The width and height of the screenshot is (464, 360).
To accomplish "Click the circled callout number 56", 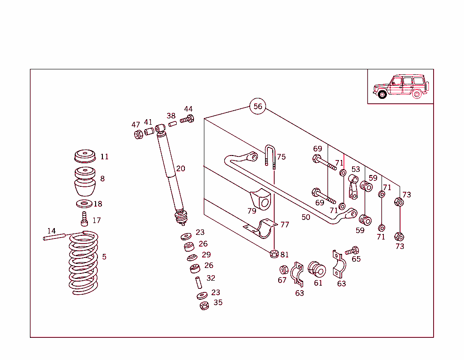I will [257, 107].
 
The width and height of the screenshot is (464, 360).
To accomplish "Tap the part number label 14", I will [51, 231].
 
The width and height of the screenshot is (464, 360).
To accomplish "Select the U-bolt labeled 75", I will [271, 156].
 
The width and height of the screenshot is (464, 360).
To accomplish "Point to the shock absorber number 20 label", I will [181, 169].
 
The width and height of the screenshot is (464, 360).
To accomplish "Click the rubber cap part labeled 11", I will [85, 157].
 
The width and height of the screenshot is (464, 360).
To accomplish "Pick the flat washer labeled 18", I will [84, 204].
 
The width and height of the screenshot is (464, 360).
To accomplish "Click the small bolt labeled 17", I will [84, 219].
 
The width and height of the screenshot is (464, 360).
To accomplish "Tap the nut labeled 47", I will [138, 134].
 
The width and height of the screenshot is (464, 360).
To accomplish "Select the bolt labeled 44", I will [187, 120].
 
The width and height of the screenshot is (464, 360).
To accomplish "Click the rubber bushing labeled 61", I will [317, 270].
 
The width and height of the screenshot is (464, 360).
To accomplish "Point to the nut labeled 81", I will [274, 253].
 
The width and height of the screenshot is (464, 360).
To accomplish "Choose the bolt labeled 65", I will [352, 251].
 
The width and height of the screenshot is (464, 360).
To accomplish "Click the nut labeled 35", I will [204, 306].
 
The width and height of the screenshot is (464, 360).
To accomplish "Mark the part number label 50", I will [306, 217].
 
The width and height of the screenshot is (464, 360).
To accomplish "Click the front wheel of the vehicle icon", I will [382, 94].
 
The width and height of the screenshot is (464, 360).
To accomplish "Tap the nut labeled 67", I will [284, 270].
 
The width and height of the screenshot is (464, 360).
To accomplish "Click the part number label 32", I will [211, 278].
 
